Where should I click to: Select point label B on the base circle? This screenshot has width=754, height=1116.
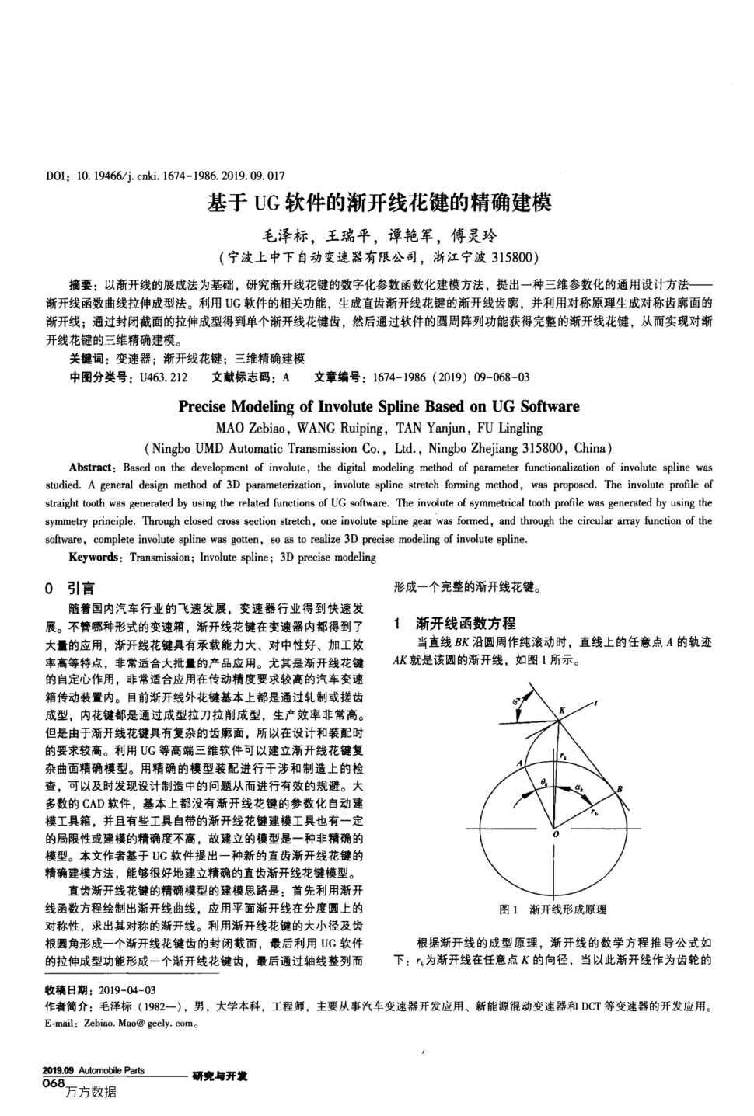[x=620, y=789]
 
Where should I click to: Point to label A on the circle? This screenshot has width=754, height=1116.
[x=518, y=763]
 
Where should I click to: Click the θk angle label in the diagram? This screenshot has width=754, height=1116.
[x=544, y=781]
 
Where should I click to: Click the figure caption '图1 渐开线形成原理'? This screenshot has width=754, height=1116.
[x=552, y=909]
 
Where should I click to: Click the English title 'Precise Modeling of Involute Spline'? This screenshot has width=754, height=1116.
[x=379, y=406]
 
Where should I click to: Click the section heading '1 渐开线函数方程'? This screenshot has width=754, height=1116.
[x=454, y=623]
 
